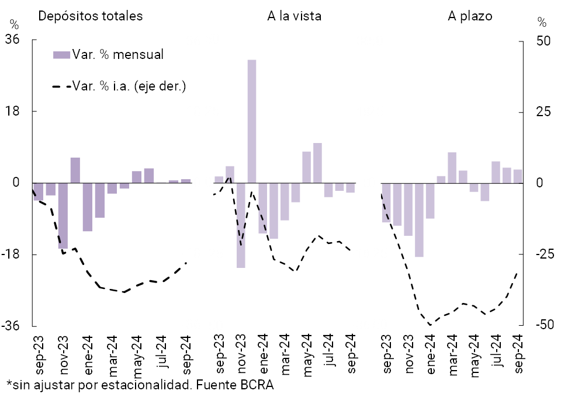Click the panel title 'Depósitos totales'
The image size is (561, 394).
(x=90, y=16)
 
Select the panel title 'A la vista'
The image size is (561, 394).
(x=294, y=16)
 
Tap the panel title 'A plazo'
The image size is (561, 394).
(x=470, y=16)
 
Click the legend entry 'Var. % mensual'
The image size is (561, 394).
(x=117, y=55)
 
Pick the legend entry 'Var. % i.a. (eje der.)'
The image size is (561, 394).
(x=128, y=87)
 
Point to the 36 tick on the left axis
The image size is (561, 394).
(x=12, y=40)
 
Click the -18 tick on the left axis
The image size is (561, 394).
(x=12, y=254)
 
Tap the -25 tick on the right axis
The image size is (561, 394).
(x=542, y=254)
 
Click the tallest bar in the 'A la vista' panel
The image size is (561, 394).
(x=252, y=121)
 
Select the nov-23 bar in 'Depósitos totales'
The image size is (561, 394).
(x=63, y=215)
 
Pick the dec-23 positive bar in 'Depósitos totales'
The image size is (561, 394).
(x=75, y=170)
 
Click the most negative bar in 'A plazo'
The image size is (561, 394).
(x=419, y=219)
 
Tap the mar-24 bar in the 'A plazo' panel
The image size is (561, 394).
(x=452, y=167)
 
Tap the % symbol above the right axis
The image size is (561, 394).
(x=542, y=23)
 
